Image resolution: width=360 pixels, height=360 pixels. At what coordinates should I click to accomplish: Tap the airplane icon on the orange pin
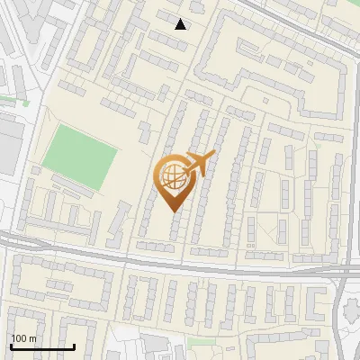click(x=199, y=163)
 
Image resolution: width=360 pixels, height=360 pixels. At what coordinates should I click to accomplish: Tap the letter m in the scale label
click(x=33, y=337)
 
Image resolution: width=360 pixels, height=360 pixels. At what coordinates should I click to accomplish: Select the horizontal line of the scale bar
click(x=41, y=346)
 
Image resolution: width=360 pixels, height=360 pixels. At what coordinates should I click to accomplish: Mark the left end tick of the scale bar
click(x=10, y=345)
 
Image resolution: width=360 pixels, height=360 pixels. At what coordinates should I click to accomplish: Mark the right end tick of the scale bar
click(x=74, y=345)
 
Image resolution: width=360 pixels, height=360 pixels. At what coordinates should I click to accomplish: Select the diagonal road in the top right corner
click(x=306, y=18)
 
